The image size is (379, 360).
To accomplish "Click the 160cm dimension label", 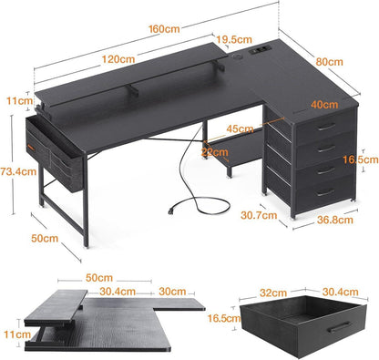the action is [x=164, y=29].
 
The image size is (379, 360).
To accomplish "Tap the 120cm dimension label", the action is [x=118, y=59].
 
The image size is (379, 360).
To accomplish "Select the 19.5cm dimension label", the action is [x=234, y=39].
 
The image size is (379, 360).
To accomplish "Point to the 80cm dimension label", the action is [x=329, y=62].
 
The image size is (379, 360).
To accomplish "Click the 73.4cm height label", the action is [x=18, y=171].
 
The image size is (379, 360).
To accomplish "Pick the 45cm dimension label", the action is [x=240, y=129].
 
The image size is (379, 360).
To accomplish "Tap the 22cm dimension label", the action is [x=214, y=151].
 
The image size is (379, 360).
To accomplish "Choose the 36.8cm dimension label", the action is [x=335, y=220].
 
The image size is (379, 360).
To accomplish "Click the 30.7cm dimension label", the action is [x=259, y=215].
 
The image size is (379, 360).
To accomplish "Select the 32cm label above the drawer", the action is [x=273, y=293].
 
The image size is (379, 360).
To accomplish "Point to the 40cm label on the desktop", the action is [x=324, y=105].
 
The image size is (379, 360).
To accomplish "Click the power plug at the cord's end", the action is [x=172, y=211].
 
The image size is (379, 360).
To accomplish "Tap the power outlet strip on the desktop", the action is [x=260, y=51].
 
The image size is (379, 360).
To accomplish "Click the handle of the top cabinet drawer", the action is [x=326, y=127].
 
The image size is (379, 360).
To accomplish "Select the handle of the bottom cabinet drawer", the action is [x=326, y=192].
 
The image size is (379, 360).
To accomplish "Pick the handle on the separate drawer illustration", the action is [x=340, y=327].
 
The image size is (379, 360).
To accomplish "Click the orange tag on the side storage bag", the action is [x=30, y=148].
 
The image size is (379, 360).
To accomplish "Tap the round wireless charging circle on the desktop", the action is [x=237, y=57].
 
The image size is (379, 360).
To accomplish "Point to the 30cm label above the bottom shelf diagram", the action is [x=172, y=292].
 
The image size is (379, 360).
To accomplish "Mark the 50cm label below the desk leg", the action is [x=45, y=238].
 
